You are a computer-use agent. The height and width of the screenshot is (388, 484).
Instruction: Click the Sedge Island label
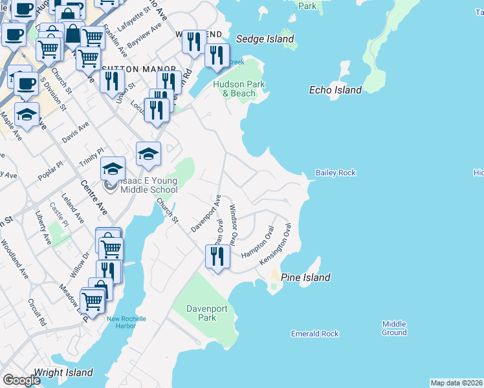265,39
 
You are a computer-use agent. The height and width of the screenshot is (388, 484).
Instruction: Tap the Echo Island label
335,90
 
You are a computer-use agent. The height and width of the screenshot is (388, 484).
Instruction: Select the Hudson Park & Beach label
239,89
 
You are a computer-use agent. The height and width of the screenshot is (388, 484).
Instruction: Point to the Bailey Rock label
335,173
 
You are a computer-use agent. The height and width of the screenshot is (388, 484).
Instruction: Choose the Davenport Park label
207,314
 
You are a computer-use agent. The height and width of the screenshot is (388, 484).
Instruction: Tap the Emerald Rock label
314,334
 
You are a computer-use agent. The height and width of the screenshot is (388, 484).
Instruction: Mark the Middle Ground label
394,328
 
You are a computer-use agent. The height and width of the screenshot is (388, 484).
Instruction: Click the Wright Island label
63,372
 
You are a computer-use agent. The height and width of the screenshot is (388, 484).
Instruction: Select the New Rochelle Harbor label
127,322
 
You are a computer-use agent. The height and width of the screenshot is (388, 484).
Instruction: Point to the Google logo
21,380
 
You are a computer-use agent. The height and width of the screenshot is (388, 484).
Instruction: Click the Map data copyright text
456,383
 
